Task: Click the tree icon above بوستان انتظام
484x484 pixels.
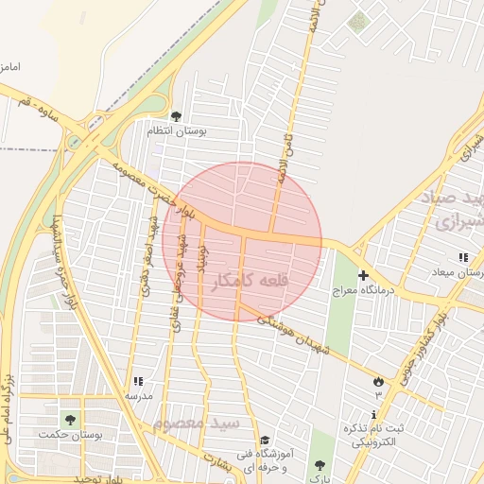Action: pos(176,116)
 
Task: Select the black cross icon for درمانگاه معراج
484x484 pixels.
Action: pos(363,274)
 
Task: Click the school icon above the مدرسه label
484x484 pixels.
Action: pos(140,380)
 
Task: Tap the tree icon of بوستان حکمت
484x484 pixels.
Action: pos(69,419)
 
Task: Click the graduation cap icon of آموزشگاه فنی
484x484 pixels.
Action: pos(266,440)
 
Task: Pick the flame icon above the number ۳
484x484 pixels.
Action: pos(378,380)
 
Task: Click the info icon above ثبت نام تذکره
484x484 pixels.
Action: pos(375,414)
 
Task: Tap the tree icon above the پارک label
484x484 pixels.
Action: pos(320,464)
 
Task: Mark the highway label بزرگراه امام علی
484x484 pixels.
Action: pos(9,406)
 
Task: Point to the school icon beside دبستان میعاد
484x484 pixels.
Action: pos(463,257)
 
